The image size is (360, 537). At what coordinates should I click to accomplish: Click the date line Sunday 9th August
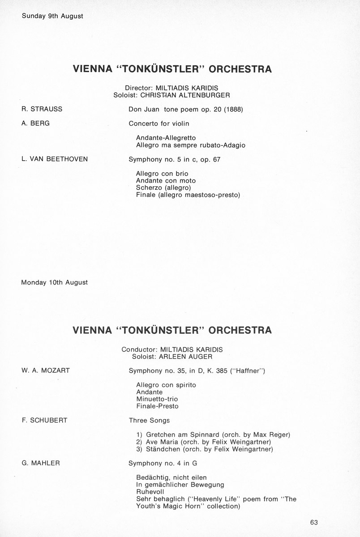coord(52,16)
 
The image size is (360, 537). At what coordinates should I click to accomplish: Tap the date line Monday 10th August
coord(55,282)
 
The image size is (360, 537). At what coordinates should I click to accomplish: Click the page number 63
coord(313,522)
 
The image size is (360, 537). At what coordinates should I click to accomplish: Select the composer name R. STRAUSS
coord(42,109)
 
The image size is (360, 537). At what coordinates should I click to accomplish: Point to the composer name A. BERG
coord(35,123)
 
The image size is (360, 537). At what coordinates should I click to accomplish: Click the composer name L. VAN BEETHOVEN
coord(55,159)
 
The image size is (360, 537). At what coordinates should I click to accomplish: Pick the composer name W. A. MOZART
coord(45,371)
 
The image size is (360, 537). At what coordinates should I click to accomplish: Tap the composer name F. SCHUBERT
coord(44,420)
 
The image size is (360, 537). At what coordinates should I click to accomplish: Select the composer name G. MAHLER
coord(41,463)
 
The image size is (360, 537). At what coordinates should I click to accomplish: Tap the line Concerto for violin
coord(159,123)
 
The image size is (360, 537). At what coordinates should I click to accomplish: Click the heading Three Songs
coord(149,420)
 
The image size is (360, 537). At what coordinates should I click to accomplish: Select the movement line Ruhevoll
coord(150,492)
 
